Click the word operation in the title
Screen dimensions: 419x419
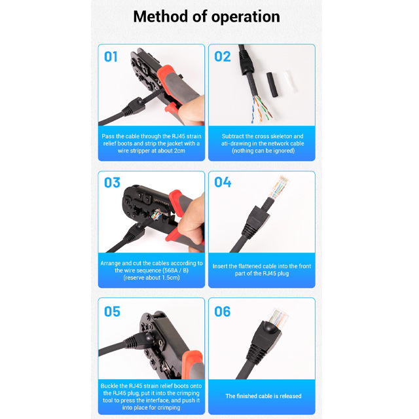click(x=246, y=17)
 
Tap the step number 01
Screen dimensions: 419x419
click(x=111, y=57)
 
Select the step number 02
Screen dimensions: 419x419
click(x=223, y=57)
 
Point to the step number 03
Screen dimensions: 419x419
click(x=112, y=183)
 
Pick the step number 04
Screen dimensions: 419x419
click(x=223, y=182)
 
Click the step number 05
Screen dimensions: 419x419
click(x=112, y=312)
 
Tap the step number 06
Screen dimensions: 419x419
click(x=223, y=312)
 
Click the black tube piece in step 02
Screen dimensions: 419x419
click(x=272, y=84)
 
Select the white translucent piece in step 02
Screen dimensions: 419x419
click(x=289, y=81)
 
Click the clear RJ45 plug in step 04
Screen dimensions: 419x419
click(x=279, y=188)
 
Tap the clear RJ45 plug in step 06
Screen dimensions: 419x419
click(x=279, y=319)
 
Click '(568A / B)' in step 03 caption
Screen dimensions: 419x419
click(x=175, y=270)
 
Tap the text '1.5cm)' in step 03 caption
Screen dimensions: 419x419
click(x=171, y=278)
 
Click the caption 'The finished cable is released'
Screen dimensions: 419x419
click(x=263, y=396)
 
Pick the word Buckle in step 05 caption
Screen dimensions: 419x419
click(x=110, y=386)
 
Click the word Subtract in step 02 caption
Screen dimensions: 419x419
click(x=232, y=136)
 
